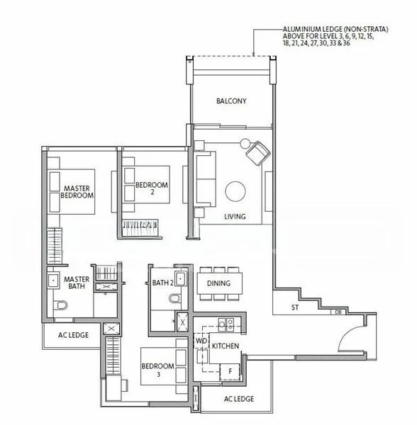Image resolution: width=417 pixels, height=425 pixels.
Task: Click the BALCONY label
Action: [x=231, y=101]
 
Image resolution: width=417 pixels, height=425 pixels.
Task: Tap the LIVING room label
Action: [x=235, y=217]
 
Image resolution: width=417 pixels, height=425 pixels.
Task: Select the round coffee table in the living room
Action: [x=235, y=191]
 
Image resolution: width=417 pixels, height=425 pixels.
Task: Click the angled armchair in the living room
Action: [x=258, y=153]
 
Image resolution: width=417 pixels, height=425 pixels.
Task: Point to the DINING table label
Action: [x=218, y=283]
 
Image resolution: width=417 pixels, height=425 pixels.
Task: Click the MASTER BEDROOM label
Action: [x=77, y=192]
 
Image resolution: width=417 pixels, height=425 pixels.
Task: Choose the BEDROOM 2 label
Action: [x=152, y=188]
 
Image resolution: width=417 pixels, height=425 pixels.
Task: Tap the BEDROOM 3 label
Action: [x=158, y=370]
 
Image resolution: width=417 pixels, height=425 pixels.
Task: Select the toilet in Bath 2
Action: [x=174, y=299]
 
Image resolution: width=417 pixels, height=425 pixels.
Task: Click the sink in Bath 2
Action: [x=181, y=278]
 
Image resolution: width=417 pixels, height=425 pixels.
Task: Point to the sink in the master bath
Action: [x=53, y=280]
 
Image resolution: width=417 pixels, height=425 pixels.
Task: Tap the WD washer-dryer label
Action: [x=201, y=341]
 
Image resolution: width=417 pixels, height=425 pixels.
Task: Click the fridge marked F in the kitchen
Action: [x=230, y=372]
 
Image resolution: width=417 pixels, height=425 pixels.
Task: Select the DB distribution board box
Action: [x=338, y=312]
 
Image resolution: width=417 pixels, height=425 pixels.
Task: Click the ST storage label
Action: [x=295, y=307]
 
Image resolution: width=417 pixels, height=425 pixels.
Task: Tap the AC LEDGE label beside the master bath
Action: [x=73, y=335]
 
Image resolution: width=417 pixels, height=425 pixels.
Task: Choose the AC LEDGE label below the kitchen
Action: [x=239, y=399]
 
